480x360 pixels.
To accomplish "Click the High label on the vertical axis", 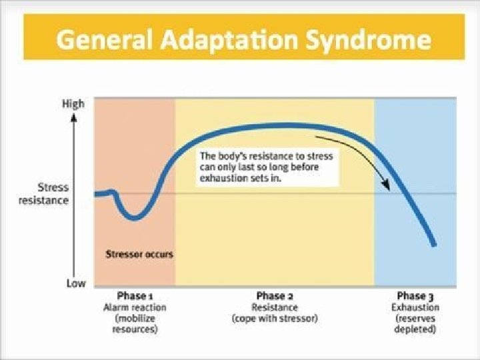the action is click(x=73, y=104).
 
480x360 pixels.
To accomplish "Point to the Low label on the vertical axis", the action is click(x=75, y=283).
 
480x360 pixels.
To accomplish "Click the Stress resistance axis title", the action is click(x=53, y=194).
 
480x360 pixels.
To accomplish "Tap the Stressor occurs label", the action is click(x=139, y=254).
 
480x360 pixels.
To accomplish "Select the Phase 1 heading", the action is click(x=135, y=296).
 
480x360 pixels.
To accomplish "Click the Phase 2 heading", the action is click(x=275, y=296).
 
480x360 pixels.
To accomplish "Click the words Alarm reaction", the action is click(x=135, y=307).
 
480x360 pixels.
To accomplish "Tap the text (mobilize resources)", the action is click(x=135, y=324).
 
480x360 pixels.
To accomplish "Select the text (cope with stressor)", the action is click(x=275, y=319).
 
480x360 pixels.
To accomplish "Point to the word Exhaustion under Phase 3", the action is click(x=415, y=307).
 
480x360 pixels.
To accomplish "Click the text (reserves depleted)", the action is click(x=415, y=324).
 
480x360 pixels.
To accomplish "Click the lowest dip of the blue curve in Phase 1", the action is click(x=134, y=217).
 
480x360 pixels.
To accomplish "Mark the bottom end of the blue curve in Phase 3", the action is click(x=434, y=245).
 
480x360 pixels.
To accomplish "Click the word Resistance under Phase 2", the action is click(x=275, y=307).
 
